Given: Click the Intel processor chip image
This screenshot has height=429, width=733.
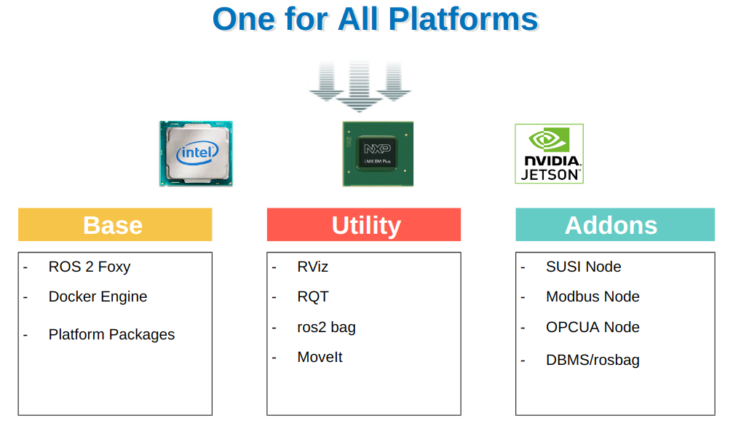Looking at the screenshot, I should tap(196, 153).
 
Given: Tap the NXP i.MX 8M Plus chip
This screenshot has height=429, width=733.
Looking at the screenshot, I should tap(378, 154).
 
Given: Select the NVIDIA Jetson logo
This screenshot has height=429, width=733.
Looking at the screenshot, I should tap(550, 153).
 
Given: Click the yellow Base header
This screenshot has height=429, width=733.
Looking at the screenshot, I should tap(115, 224).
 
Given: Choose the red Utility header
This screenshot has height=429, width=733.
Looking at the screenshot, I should tap(364, 224).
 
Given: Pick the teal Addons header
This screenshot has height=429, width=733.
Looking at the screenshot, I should tap(615, 224).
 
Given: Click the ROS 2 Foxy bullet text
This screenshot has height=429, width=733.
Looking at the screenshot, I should tap(90, 267).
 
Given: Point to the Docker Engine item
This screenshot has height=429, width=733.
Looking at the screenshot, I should tap(98, 296).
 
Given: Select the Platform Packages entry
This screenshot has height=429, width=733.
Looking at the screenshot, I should tap(111, 334).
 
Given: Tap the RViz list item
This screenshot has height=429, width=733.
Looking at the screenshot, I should tap(313, 267).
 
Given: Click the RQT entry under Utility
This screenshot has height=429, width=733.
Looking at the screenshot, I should tap(313, 296).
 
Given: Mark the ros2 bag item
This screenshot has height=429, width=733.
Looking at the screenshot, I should tap(326, 327).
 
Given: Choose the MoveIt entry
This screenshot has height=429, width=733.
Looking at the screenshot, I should tap(320, 357).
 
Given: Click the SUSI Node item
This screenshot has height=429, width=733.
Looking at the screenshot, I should tap(583, 267).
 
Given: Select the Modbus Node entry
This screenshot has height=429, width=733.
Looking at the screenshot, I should tap(593, 296).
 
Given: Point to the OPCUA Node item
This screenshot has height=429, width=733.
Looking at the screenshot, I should tap(593, 327).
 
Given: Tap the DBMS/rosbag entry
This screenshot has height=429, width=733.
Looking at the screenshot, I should tap(593, 360).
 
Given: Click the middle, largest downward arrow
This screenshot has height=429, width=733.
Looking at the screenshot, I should tap(359, 86).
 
